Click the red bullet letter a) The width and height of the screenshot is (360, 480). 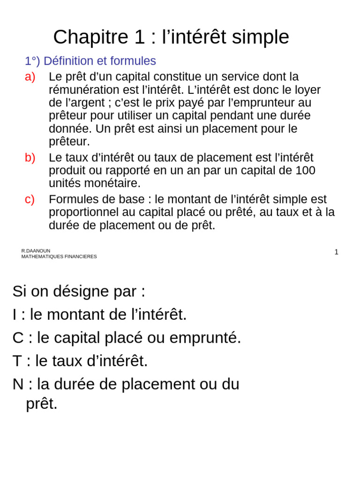(30, 77)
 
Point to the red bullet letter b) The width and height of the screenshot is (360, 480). (30, 158)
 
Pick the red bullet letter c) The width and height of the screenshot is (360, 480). (30, 199)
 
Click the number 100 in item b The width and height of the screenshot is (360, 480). (305, 171)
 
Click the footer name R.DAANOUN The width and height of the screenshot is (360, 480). (36, 251)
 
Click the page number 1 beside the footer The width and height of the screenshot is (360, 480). (336, 252)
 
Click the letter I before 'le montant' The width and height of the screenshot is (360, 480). (15, 315)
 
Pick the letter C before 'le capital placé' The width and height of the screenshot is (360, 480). (18, 338)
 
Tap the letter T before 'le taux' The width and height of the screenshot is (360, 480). (17, 361)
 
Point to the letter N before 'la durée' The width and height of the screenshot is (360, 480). (18, 384)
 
